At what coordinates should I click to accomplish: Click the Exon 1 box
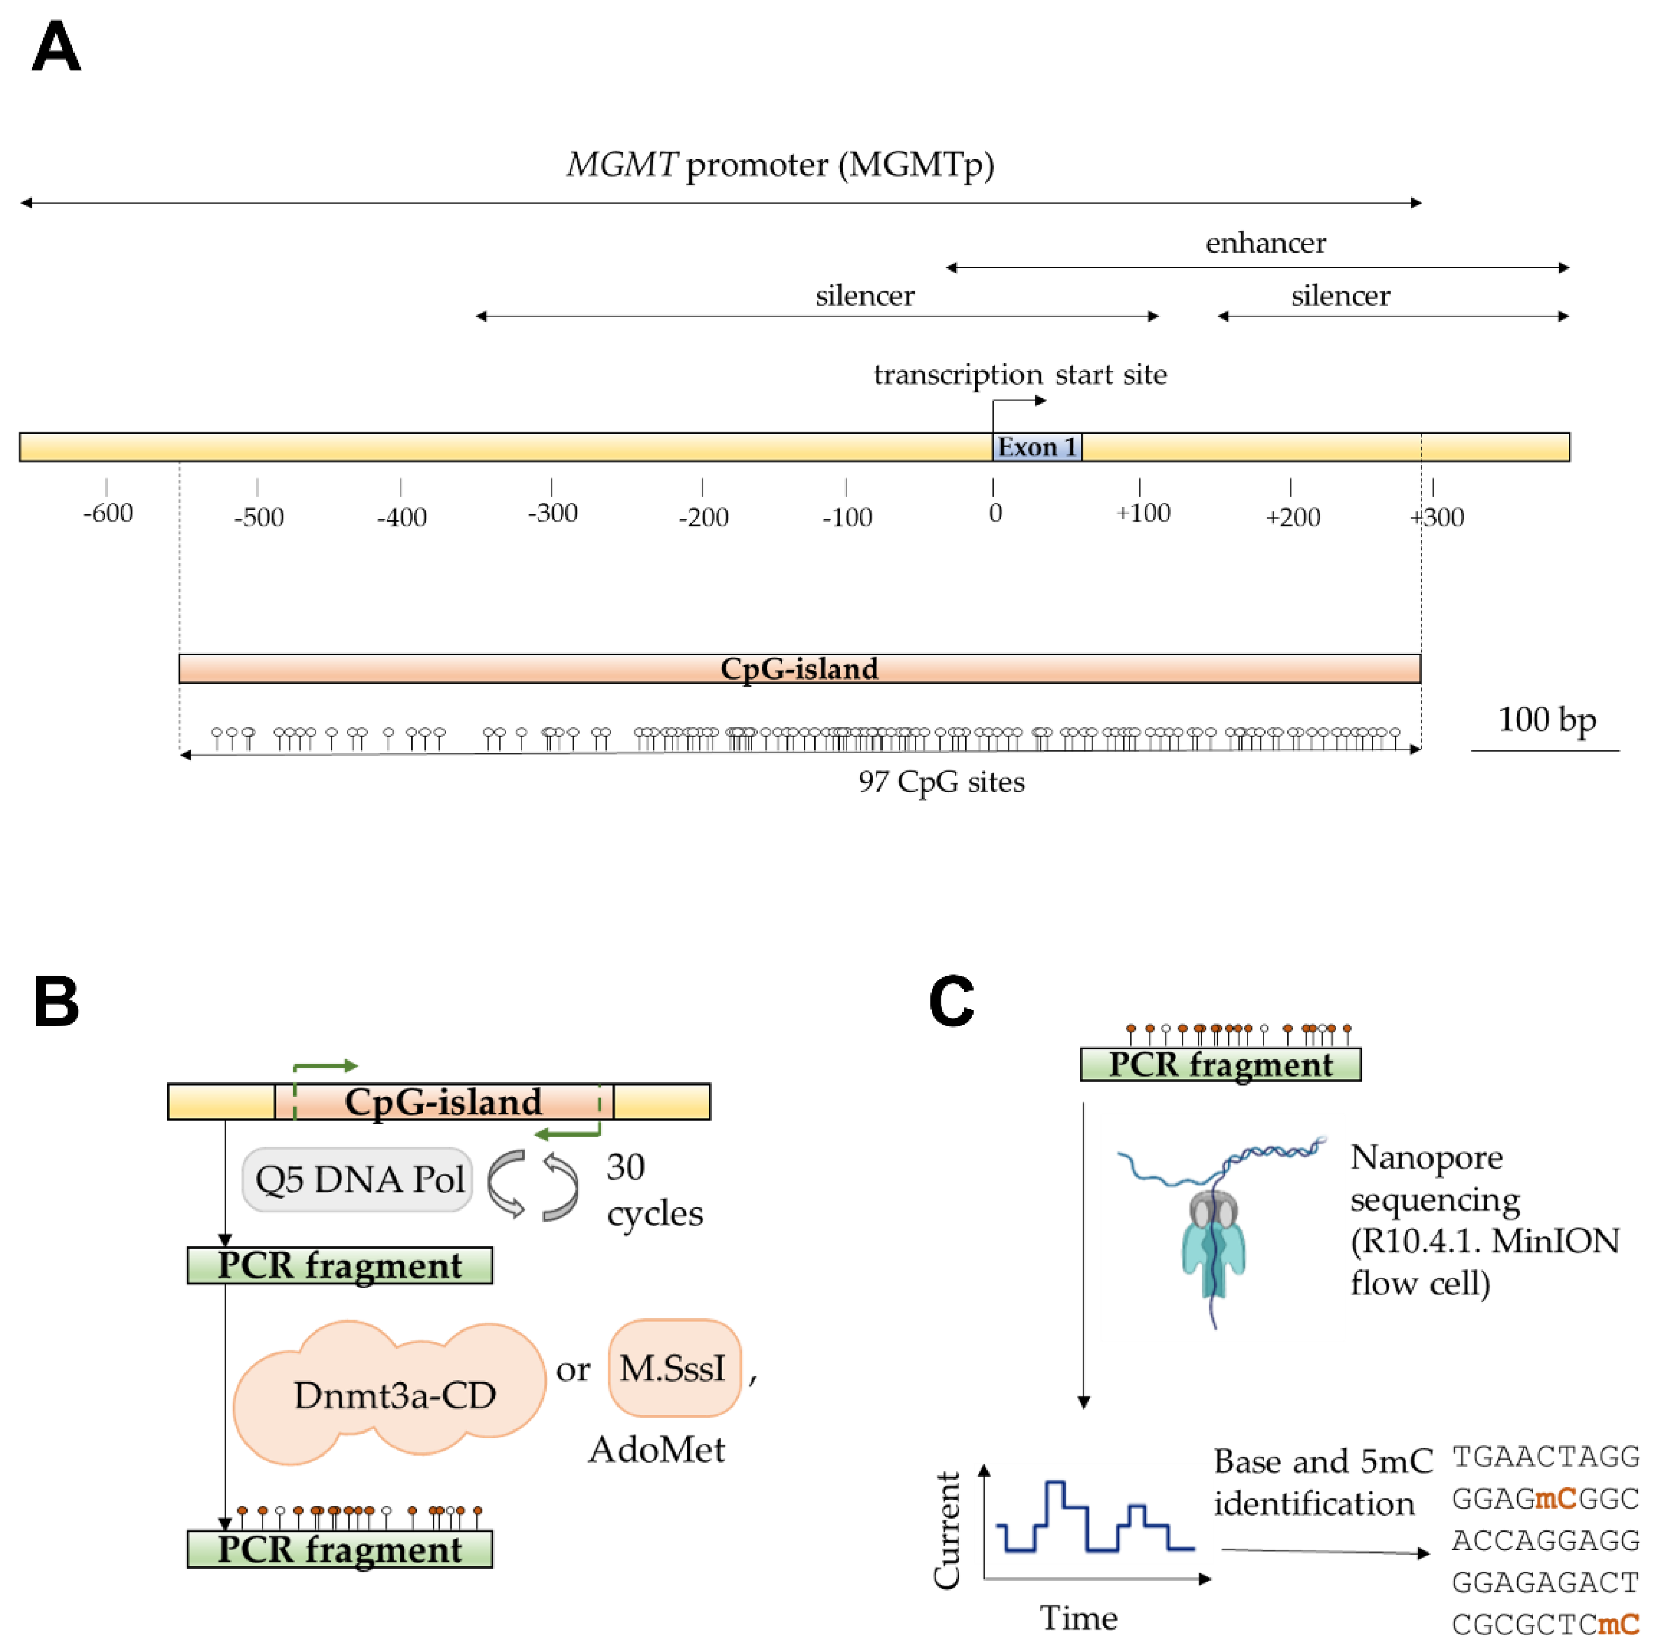tap(1036, 447)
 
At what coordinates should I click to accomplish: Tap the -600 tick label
tap(108, 513)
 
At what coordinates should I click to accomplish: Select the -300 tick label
tap(552, 513)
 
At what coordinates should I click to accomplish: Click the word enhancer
tap(1265, 243)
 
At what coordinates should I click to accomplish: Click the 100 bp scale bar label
tap(1546, 720)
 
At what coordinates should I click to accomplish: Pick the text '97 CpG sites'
tap(941, 781)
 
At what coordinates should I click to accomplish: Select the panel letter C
tap(951, 1001)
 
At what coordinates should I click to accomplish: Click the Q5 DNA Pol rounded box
tap(358, 1179)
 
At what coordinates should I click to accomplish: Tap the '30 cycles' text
tap(653, 1190)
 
